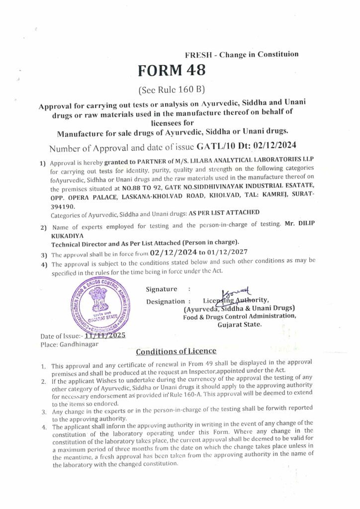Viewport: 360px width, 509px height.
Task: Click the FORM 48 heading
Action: [x=172, y=70]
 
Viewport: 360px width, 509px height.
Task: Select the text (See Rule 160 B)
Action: [x=172, y=90]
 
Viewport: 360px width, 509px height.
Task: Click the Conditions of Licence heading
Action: [x=176, y=351]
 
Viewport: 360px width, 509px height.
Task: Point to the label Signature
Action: [x=162, y=289]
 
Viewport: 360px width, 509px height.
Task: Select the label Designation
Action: [x=166, y=301]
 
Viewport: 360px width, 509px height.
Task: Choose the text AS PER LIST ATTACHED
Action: [x=224, y=212]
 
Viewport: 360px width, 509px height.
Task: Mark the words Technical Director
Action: [x=80, y=243]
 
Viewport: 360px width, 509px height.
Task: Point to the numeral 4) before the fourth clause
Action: [x=44, y=264]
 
